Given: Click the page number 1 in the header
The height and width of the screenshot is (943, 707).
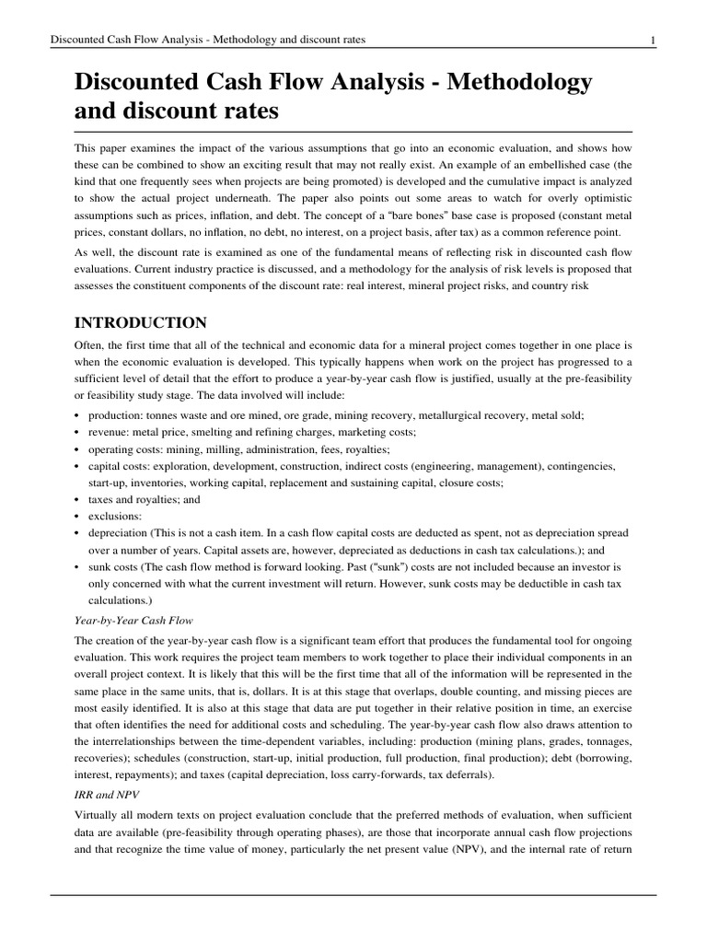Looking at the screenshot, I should [x=653, y=40].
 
